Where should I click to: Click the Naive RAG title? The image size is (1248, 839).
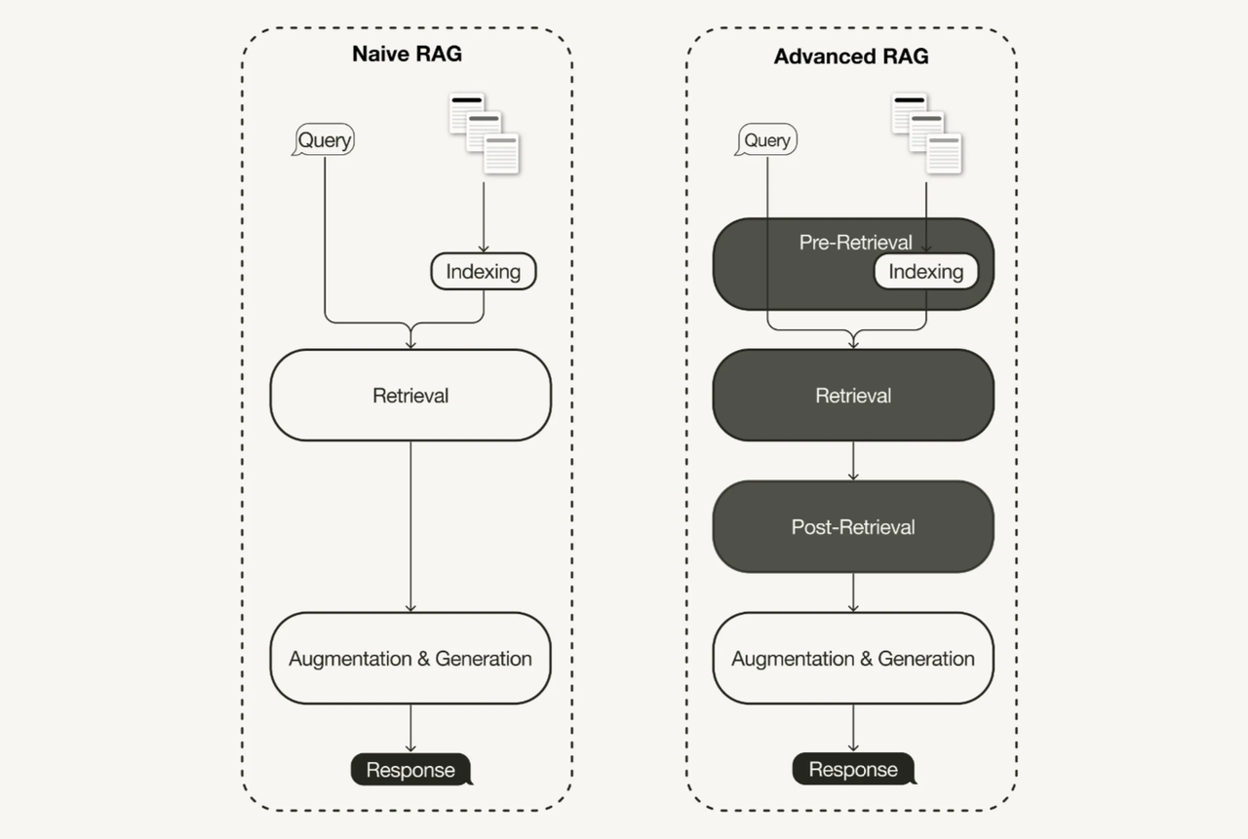[x=407, y=54]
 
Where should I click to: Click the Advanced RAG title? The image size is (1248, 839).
[x=850, y=57]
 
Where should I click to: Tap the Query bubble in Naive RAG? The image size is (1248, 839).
[x=325, y=140]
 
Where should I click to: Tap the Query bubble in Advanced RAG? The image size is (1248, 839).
[x=767, y=140]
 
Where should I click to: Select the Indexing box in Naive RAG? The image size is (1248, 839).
[x=484, y=272]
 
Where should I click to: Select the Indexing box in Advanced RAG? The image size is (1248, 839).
[x=926, y=272]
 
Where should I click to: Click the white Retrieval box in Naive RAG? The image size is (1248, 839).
[x=410, y=396]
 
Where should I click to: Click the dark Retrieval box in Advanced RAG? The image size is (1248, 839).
[x=853, y=396]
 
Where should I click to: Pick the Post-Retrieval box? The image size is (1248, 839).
[x=853, y=527]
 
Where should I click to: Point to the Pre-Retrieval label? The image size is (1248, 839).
[x=855, y=243]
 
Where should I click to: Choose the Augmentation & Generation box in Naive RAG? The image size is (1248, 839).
[x=410, y=659]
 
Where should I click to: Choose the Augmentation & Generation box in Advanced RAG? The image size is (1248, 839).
[x=853, y=659]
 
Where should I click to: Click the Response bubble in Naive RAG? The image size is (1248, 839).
[x=410, y=770]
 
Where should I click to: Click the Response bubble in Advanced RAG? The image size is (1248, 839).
[x=853, y=770]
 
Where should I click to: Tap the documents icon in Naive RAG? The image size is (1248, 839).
[x=484, y=133]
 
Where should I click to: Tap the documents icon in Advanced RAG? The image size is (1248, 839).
[x=926, y=133]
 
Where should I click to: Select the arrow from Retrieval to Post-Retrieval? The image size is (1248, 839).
[x=853, y=461]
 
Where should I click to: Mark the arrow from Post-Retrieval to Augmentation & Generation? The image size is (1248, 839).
[x=853, y=592]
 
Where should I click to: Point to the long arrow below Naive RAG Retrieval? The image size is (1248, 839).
[x=410, y=526]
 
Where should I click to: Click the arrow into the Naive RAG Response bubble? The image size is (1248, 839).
[x=410, y=729]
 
